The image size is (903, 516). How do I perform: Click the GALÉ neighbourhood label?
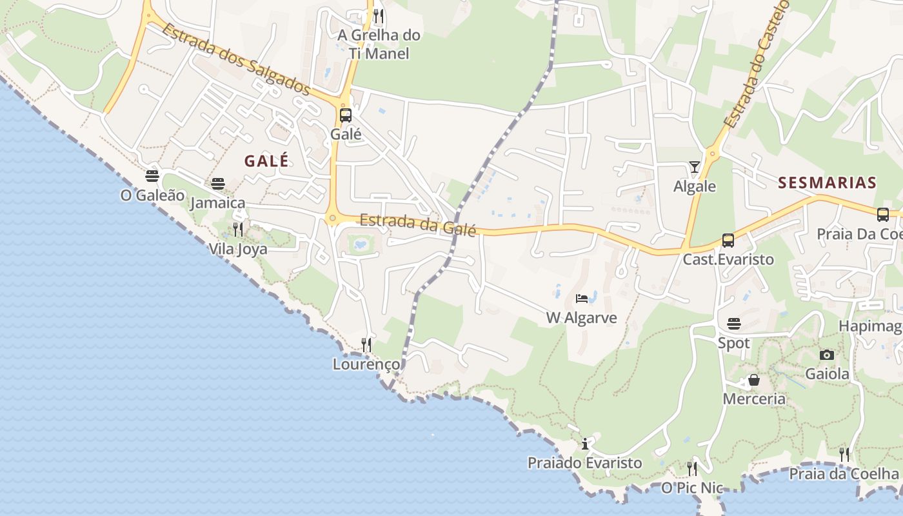(x=266, y=161)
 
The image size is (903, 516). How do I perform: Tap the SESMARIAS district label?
(x=827, y=183)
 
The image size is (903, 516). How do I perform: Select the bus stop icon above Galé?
(x=346, y=115)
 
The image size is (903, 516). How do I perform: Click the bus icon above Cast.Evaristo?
(x=728, y=241)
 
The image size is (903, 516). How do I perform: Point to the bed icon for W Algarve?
(x=582, y=298)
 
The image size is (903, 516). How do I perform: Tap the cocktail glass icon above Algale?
(x=695, y=167)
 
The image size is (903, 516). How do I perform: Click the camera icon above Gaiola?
(x=827, y=355)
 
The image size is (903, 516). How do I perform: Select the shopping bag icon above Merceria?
(x=753, y=380)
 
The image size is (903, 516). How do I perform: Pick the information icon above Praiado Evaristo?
(x=585, y=444)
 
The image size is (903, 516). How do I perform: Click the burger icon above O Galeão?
(x=152, y=175)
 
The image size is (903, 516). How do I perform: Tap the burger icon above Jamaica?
(x=218, y=184)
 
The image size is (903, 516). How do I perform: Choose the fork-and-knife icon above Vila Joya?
(x=237, y=229)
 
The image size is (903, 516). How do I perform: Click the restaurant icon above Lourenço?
(x=366, y=344)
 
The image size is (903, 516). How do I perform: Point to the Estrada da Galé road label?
(x=417, y=224)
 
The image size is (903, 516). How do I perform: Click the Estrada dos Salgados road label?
(x=236, y=58)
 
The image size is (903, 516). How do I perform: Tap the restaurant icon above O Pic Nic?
(x=692, y=468)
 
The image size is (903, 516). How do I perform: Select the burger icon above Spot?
(x=734, y=323)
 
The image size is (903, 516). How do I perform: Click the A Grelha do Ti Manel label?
(x=379, y=44)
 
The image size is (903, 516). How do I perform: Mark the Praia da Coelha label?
(x=844, y=474)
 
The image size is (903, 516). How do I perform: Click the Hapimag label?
(x=870, y=326)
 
